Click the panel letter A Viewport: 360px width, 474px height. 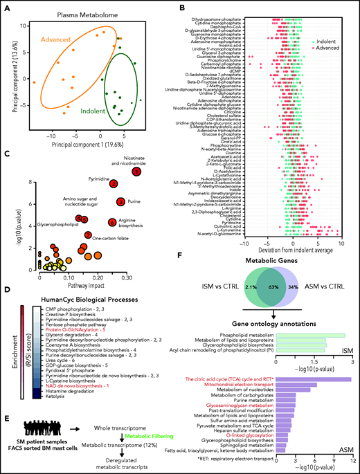coord(5,6)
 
